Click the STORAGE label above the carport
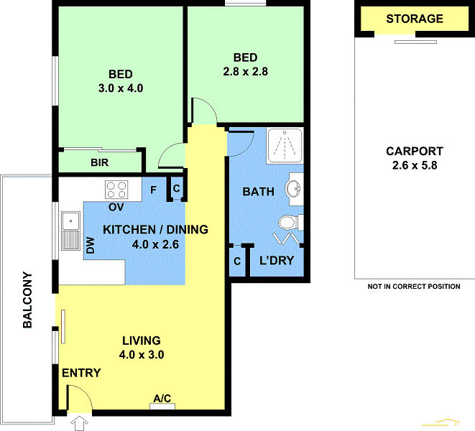(415, 19)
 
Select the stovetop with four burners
(117, 190)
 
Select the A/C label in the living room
(162, 398)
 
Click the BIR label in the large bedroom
(99, 163)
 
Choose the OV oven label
(116, 207)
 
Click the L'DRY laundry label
(277, 261)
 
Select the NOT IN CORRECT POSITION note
(413, 286)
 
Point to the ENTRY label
(81, 373)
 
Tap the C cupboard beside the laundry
(236, 261)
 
